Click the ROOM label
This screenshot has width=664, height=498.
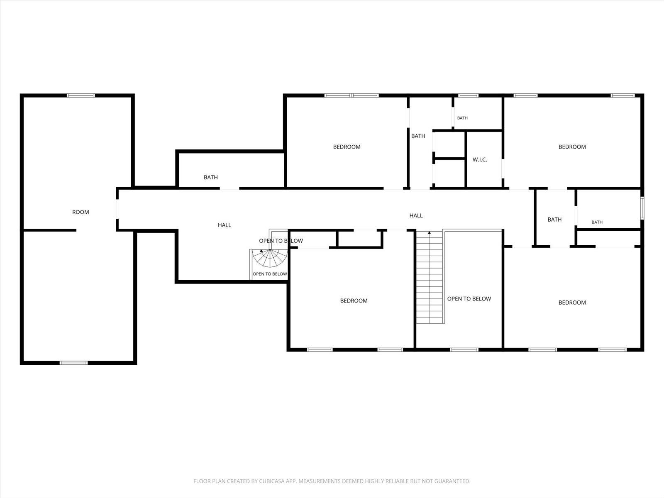click(81, 212)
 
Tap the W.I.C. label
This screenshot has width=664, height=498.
click(480, 160)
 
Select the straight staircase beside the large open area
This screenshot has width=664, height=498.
click(429, 277)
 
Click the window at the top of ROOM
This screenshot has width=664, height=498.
click(81, 95)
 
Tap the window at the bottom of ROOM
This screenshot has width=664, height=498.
click(73, 363)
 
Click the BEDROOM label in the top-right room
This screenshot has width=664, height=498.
click(572, 147)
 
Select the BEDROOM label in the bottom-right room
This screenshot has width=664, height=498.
click(572, 303)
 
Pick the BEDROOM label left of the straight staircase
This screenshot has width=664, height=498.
click(354, 301)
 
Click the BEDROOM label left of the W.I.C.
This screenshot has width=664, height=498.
click(347, 147)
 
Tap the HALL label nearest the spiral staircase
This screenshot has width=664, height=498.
click(225, 225)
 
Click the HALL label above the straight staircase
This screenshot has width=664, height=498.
click(416, 215)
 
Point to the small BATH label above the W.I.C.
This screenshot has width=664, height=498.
click(462, 118)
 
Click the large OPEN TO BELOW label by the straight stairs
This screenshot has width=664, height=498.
click(469, 299)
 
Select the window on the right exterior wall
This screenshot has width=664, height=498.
click(642, 208)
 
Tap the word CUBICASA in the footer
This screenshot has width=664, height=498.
click(271, 481)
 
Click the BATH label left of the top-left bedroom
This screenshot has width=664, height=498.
click(210, 178)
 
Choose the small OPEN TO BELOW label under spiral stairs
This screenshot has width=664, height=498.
click(270, 274)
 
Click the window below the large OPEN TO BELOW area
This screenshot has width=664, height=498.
click(464, 350)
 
